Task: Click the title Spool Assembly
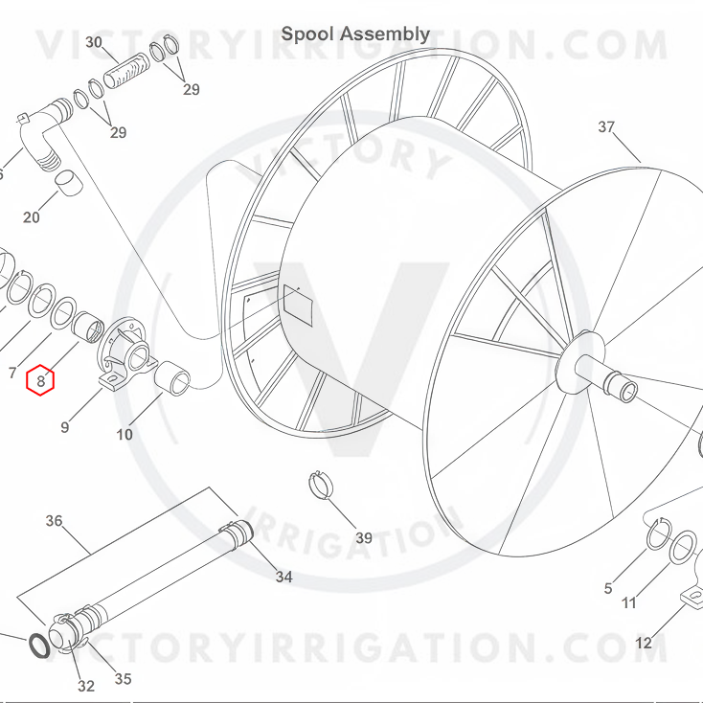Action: pyautogui.click(x=355, y=34)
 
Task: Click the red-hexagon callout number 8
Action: pyautogui.click(x=40, y=380)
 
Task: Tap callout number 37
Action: pyautogui.click(x=606, y=127)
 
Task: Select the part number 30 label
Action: pyautogui.click(x=94, y=42)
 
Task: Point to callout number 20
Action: pyautogui.click(x=32, y=217)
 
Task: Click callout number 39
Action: pyautogui.click(x=364, y=538)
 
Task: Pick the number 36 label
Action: pyautogui.click(x=54, y=521)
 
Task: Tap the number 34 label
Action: pyautogui.click(x=283, y=577)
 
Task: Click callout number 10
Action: pyautogui.click(x=125, y=435)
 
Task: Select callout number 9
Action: pyautogui.click(x=65, y=427)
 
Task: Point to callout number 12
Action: pyautogui.click(x=644, y=643)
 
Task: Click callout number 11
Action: pyautogui.click(x=629, y=602)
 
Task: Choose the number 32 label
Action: pyautogui.click(x=86, y=686)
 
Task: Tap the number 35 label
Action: pyautogui.click(x=124, y=680)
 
